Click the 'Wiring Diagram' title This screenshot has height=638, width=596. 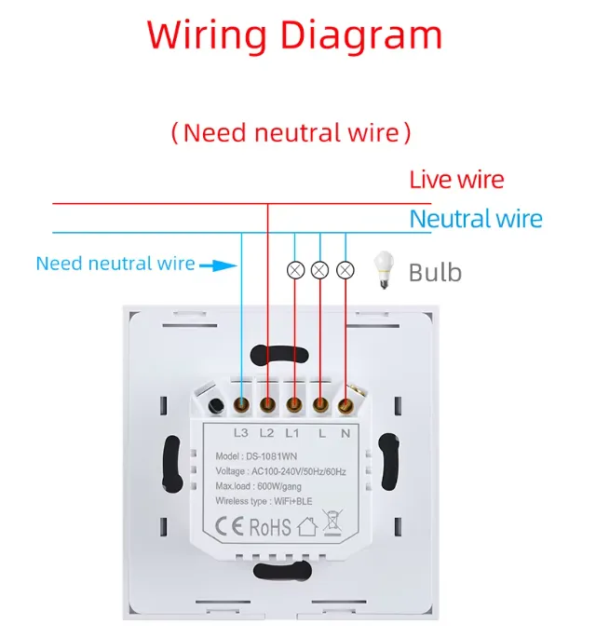(x=294, y=35)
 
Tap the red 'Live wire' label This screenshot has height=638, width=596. (x=456, y=180)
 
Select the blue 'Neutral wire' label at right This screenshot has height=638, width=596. (x=476, y=220)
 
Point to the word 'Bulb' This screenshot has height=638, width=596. (x=435, y=273)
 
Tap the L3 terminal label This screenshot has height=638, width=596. (x=241, y=432)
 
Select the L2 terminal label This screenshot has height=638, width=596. (x=266, y=432)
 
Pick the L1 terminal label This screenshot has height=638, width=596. (x=292, y=432)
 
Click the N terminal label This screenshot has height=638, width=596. (x=345, y=432)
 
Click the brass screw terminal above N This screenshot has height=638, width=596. (x=345, y=405)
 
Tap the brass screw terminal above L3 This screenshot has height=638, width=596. (x=241, y=405)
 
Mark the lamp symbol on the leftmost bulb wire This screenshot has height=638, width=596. (x=294, y=270)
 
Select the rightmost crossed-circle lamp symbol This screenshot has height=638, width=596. (x=345, y=270)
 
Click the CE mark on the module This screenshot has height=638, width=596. (x=229, y=525)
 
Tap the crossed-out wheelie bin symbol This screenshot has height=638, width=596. (x=333, y=525)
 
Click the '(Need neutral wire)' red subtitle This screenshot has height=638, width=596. (x=291, y=132)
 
